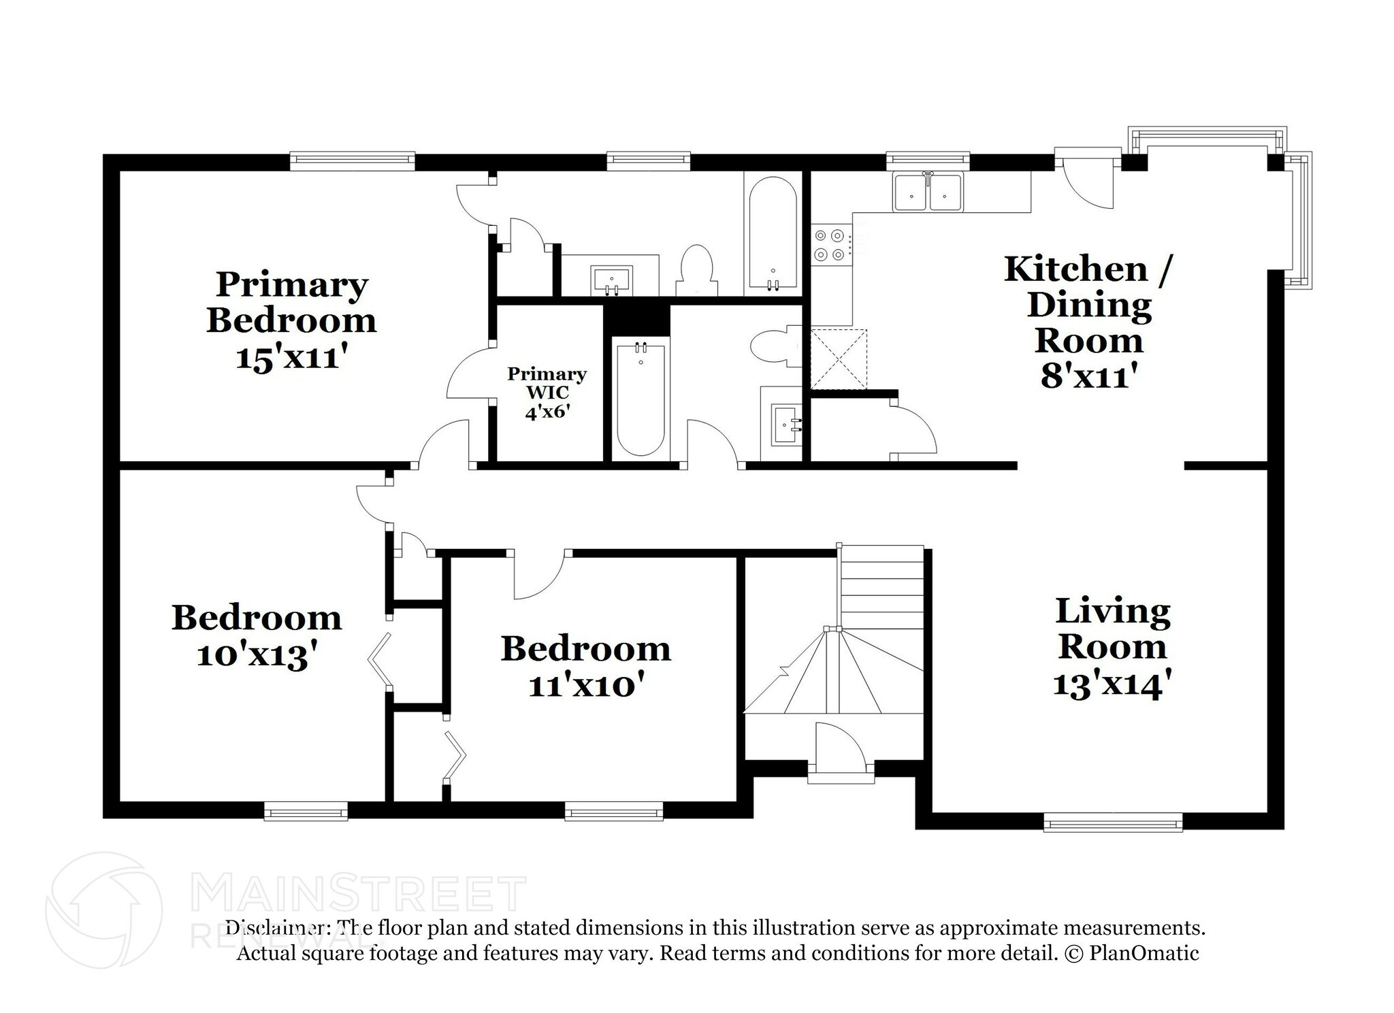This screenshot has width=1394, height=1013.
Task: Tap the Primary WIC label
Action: point(547,383)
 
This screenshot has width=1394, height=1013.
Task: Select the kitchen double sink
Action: point(928,192)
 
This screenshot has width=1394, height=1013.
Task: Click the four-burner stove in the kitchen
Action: point(830,245)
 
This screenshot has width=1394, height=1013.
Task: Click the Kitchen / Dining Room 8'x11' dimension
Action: point(1089,376)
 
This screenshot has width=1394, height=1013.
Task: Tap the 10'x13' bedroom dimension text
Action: point(257,656)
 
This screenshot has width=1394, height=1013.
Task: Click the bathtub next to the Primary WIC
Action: point(640,399)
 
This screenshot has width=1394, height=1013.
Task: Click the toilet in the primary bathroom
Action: point(697,270)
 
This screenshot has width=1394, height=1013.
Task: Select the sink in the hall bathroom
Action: point(787,425)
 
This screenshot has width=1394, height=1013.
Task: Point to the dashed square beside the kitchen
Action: point(839,359)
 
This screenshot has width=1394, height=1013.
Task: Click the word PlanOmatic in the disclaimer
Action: point(1144,953)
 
